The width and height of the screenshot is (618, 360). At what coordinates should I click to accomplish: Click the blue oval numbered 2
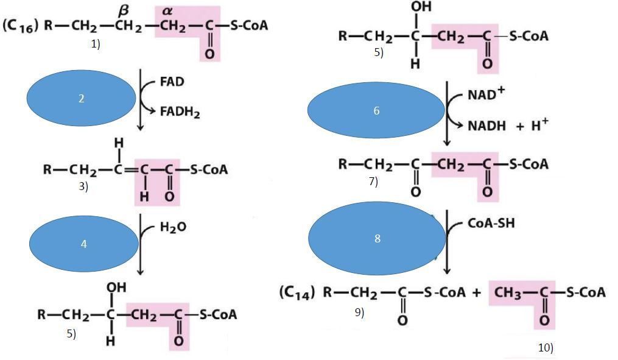[81, 98]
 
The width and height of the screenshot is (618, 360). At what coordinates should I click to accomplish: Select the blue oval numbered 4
[83, 244]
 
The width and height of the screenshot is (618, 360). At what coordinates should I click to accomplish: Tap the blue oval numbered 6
[376, 110]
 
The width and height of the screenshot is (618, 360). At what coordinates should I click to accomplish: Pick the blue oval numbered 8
[377, 239]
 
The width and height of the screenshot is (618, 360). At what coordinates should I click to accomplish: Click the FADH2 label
[180, 113]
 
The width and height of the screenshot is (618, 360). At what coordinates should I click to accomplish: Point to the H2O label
[173, 227]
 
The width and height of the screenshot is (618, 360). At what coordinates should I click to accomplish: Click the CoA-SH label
[491, 223]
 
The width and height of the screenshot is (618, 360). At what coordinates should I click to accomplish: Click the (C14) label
[297, 293]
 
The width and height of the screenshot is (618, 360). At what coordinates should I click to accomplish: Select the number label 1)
[96, 44]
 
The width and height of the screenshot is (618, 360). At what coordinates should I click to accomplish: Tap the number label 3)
[83, 187]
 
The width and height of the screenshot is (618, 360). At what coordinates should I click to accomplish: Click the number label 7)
[373, 181]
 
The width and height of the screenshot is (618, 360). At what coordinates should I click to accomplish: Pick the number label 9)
[359, 312]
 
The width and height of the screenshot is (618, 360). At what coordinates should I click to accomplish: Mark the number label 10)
[546, 348]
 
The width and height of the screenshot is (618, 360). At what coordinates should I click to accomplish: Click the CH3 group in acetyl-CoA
[509, 293]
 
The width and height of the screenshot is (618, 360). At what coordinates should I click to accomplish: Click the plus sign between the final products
[476, 293]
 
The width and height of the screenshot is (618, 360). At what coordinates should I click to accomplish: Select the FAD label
[172, 82]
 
